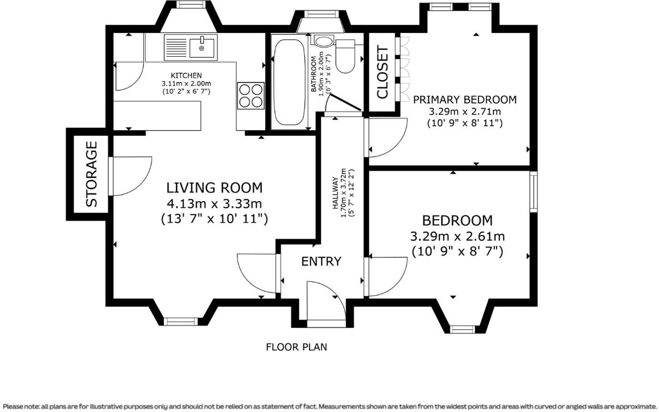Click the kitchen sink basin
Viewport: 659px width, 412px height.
(202, 48)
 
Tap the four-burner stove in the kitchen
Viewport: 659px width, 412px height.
(251, 96)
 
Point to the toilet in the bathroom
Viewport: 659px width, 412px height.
(346, 56)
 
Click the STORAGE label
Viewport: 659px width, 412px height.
(91, 174)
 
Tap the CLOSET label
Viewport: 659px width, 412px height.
(383, 72)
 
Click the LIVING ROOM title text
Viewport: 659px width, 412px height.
(215, 188)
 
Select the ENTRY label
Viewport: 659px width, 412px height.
(321, 261)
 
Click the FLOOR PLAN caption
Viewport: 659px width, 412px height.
(297, 347)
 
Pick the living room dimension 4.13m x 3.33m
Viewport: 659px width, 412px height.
(215, 204)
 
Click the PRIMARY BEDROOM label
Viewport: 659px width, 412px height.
(465, 100)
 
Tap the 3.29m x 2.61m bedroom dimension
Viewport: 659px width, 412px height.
(457, 237)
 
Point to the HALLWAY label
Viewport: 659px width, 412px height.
(334, 193)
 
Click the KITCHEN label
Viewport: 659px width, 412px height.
(186, 76)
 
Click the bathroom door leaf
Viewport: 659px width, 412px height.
(346, 103)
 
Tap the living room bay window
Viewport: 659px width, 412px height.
(181, 322)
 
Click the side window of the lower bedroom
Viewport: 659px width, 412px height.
(534, 192)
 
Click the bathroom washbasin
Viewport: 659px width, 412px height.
(324, 41)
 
